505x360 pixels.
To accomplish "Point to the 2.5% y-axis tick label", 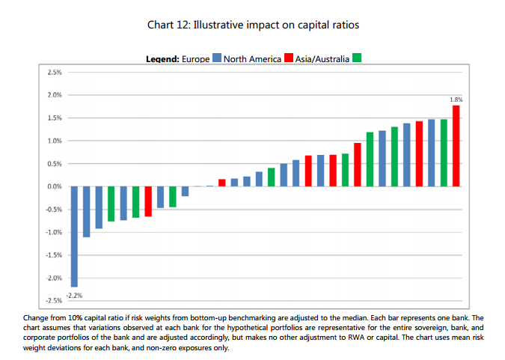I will tap(54, 73).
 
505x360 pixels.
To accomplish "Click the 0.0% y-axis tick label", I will tap(54, 186).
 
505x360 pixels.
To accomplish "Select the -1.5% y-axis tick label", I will tap(52, 255).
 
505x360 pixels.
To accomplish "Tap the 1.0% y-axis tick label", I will tap(54, 141).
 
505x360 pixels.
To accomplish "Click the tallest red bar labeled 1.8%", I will tap(456, 146).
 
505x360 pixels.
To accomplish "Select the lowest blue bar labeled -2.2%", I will tap(74, 237).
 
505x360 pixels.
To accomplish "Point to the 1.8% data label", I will tap(456, 100).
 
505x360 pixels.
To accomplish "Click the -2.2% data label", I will tap(74, 295).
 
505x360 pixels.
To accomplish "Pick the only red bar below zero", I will tap(148, 201).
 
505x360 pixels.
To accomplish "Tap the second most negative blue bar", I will tap(86, 212).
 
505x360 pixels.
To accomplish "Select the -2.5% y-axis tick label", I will tap(52, 301).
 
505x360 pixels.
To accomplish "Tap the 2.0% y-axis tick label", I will tap(54, 95).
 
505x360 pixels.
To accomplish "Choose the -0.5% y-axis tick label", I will tap(52, 210).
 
